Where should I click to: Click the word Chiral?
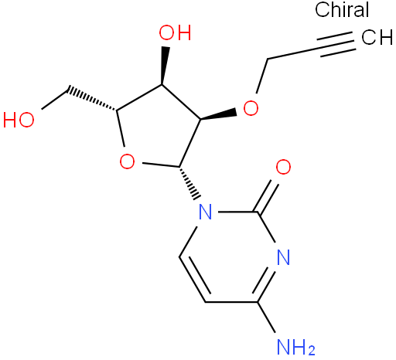342,9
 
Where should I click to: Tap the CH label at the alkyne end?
377,37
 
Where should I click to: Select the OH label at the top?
175,32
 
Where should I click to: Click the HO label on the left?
19,120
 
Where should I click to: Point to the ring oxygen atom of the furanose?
127,161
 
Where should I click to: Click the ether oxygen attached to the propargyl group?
251,108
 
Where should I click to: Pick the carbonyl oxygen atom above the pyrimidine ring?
283,167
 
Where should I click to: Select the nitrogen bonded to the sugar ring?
206,212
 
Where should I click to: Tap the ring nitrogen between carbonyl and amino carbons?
283,256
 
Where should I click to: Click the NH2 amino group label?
295,347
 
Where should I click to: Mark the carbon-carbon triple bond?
337,44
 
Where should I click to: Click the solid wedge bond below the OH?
164,66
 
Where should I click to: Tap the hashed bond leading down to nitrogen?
190,183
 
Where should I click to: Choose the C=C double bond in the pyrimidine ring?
194,279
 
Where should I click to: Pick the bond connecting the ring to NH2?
266,317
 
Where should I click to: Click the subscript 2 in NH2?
311,351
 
